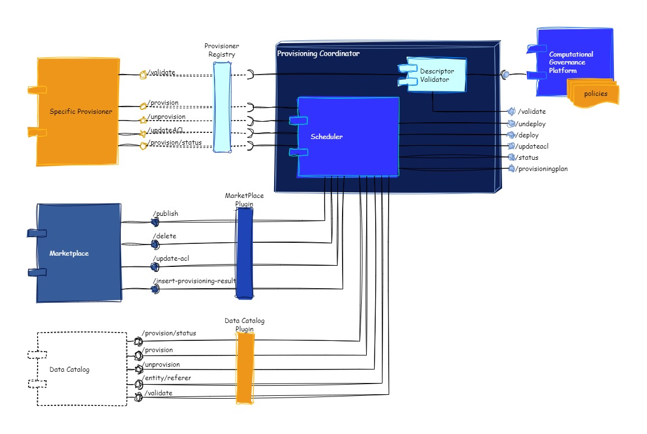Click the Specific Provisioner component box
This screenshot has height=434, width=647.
click(x=79, y=112)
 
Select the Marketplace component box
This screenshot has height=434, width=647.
click(x=79, y=253)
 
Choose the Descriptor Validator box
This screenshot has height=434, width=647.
click(x=437, y=75)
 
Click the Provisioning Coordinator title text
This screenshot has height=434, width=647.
click(x=318, y=54)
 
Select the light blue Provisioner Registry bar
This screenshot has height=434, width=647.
click(x=222, y=107)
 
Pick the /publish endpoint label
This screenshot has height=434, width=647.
click(x=166, y=214)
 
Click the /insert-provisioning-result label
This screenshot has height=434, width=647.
click(x=194, y=281)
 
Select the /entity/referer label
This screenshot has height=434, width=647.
click(x=167, y=378)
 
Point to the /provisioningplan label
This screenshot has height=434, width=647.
click(x=541, y=169)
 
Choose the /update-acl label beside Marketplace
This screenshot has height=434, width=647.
click(x=170, y=258)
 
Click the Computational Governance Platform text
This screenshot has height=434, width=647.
click(x=571, y=62)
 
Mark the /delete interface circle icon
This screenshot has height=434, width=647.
click(x=154, y=244)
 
